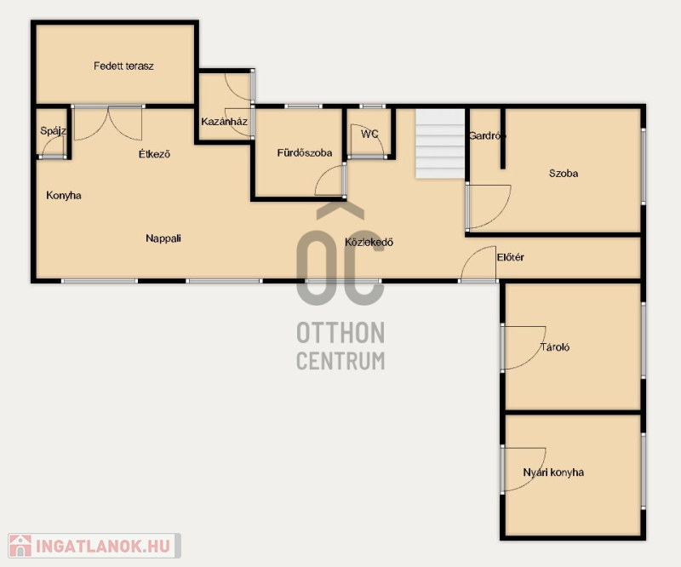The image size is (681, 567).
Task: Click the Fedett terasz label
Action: point(123,66)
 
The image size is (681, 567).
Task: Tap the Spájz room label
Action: point(53,130)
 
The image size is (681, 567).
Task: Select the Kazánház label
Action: point(224,121)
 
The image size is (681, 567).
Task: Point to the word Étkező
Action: point(154,154)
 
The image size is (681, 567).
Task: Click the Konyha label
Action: point(63,195)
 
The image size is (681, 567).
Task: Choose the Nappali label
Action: point(163,238)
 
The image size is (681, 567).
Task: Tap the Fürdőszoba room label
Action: point(305,153)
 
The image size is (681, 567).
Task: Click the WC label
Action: point(369,134)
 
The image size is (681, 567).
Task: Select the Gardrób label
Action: point(487,135)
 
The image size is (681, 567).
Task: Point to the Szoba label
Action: point(564,174)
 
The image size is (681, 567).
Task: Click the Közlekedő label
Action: point(369,242)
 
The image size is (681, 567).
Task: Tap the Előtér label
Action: point(510,257)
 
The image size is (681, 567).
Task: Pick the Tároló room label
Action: point(555,347)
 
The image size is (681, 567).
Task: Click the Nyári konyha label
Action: point(553,472)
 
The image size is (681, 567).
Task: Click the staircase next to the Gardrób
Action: point(440,144)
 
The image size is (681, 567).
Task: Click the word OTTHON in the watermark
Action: point(340,333)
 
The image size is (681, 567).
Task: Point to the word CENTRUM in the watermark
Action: point(340,361)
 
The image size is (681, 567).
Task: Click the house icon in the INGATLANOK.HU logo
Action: point(20,546)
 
